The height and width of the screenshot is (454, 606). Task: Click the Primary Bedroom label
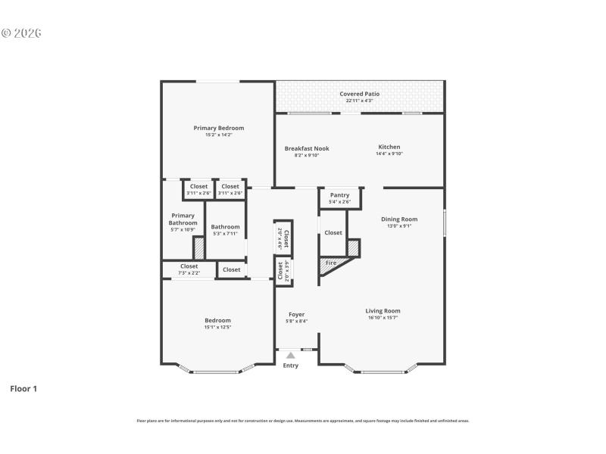[x=218, y=129]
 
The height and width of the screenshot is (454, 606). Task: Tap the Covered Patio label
[x=359, y=94]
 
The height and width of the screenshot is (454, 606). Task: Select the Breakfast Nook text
[x=307, y=148]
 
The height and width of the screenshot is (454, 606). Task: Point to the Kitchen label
[x=389, y=147]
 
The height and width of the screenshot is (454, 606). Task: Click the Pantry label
[x=339, y=195]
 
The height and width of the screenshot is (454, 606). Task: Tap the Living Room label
[x=383, y=311]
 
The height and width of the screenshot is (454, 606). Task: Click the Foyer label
[x=296, y=315]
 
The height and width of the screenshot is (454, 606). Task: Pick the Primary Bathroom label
[x=183, y=219]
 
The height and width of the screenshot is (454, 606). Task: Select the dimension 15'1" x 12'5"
[x=217, y=327]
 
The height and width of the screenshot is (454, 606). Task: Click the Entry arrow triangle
[x=290, y=354]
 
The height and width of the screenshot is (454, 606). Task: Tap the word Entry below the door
[x=290, y=365]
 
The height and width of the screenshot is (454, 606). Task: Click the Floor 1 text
[x=23, y=389]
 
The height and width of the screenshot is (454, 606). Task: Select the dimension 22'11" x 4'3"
[x=359, y=101]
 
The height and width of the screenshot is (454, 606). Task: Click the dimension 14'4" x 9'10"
[x=389, y=154]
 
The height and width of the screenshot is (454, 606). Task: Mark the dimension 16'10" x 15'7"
[x=383, y=318]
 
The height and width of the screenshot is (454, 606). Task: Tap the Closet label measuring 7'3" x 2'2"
[x=189, y=266]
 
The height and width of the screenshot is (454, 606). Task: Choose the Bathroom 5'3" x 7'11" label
[x=225, y=227]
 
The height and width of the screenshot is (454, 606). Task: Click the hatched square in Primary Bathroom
[x=198, y=248]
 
